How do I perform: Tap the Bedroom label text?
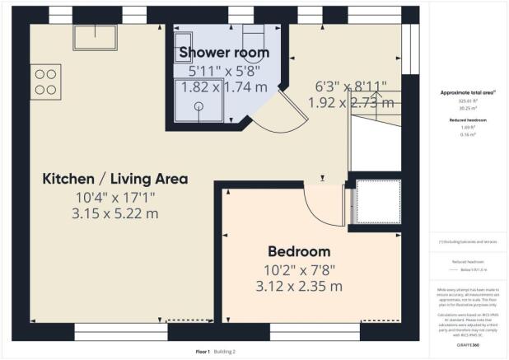297,251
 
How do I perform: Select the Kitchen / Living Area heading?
115,179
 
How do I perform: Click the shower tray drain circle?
198,105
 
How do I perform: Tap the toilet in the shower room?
251,37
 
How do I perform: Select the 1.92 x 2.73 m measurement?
351,103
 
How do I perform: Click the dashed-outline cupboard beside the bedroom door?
377,202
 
